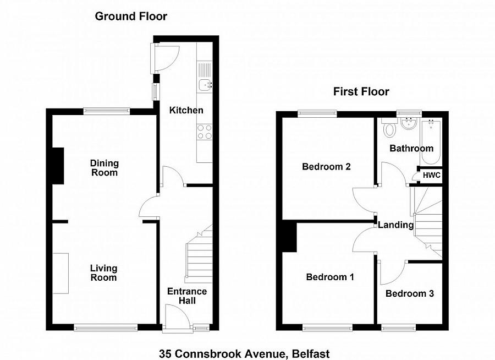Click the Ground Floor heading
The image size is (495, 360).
tap(131, 16)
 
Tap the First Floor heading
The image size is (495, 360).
tap(361, 92)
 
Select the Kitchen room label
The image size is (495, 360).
tap(186, 110)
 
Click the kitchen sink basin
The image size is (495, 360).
tap(206, 85)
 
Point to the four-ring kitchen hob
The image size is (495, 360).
tap(205, 132)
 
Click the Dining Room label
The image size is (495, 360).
tap(104, 168)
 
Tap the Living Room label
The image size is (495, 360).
tap(103, 273)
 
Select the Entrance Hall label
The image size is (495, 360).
tap(187, 296)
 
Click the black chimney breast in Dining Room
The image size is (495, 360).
tap(58, 166)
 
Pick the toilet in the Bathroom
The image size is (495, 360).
tap(390, 128)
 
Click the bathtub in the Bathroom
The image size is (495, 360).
tap(431, 141)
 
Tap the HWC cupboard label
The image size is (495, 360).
tap(432, 176)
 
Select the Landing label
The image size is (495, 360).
tap(395, 225)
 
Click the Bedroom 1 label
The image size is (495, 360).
tap(330, 277)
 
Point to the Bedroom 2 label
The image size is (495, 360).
tap(326, 167)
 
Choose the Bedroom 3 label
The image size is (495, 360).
tap(410, 293)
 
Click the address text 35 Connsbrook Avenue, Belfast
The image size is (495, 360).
tap(244, 353)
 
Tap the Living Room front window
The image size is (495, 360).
tap(106, 328)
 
